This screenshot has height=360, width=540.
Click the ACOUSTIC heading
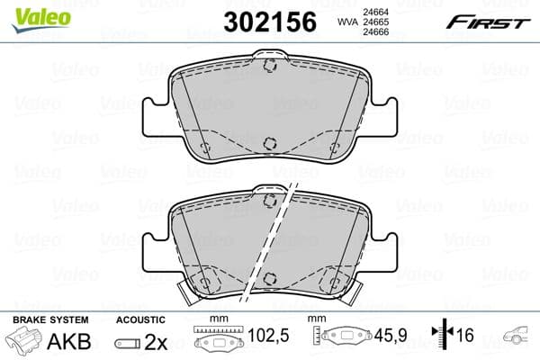coord(140,319)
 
